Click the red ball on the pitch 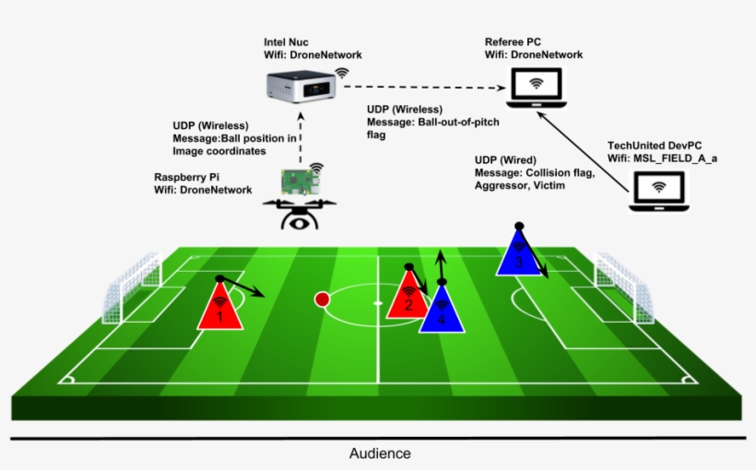(322, 300)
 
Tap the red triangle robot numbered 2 (408, 295)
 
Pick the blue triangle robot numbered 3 (519, 253)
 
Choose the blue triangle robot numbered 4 (442, 310)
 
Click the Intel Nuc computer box (301, 87)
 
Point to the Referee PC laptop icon (537, 88)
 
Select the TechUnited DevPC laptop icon (658, 192)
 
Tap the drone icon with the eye (300, 215)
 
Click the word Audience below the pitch (380, 453)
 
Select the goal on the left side (132, 288)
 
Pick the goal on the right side (624, 288)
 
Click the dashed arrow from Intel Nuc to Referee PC (425, 88)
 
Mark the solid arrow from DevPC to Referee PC (583, 152)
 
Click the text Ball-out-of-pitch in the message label (458, 122)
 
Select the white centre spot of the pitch (378, 303)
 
